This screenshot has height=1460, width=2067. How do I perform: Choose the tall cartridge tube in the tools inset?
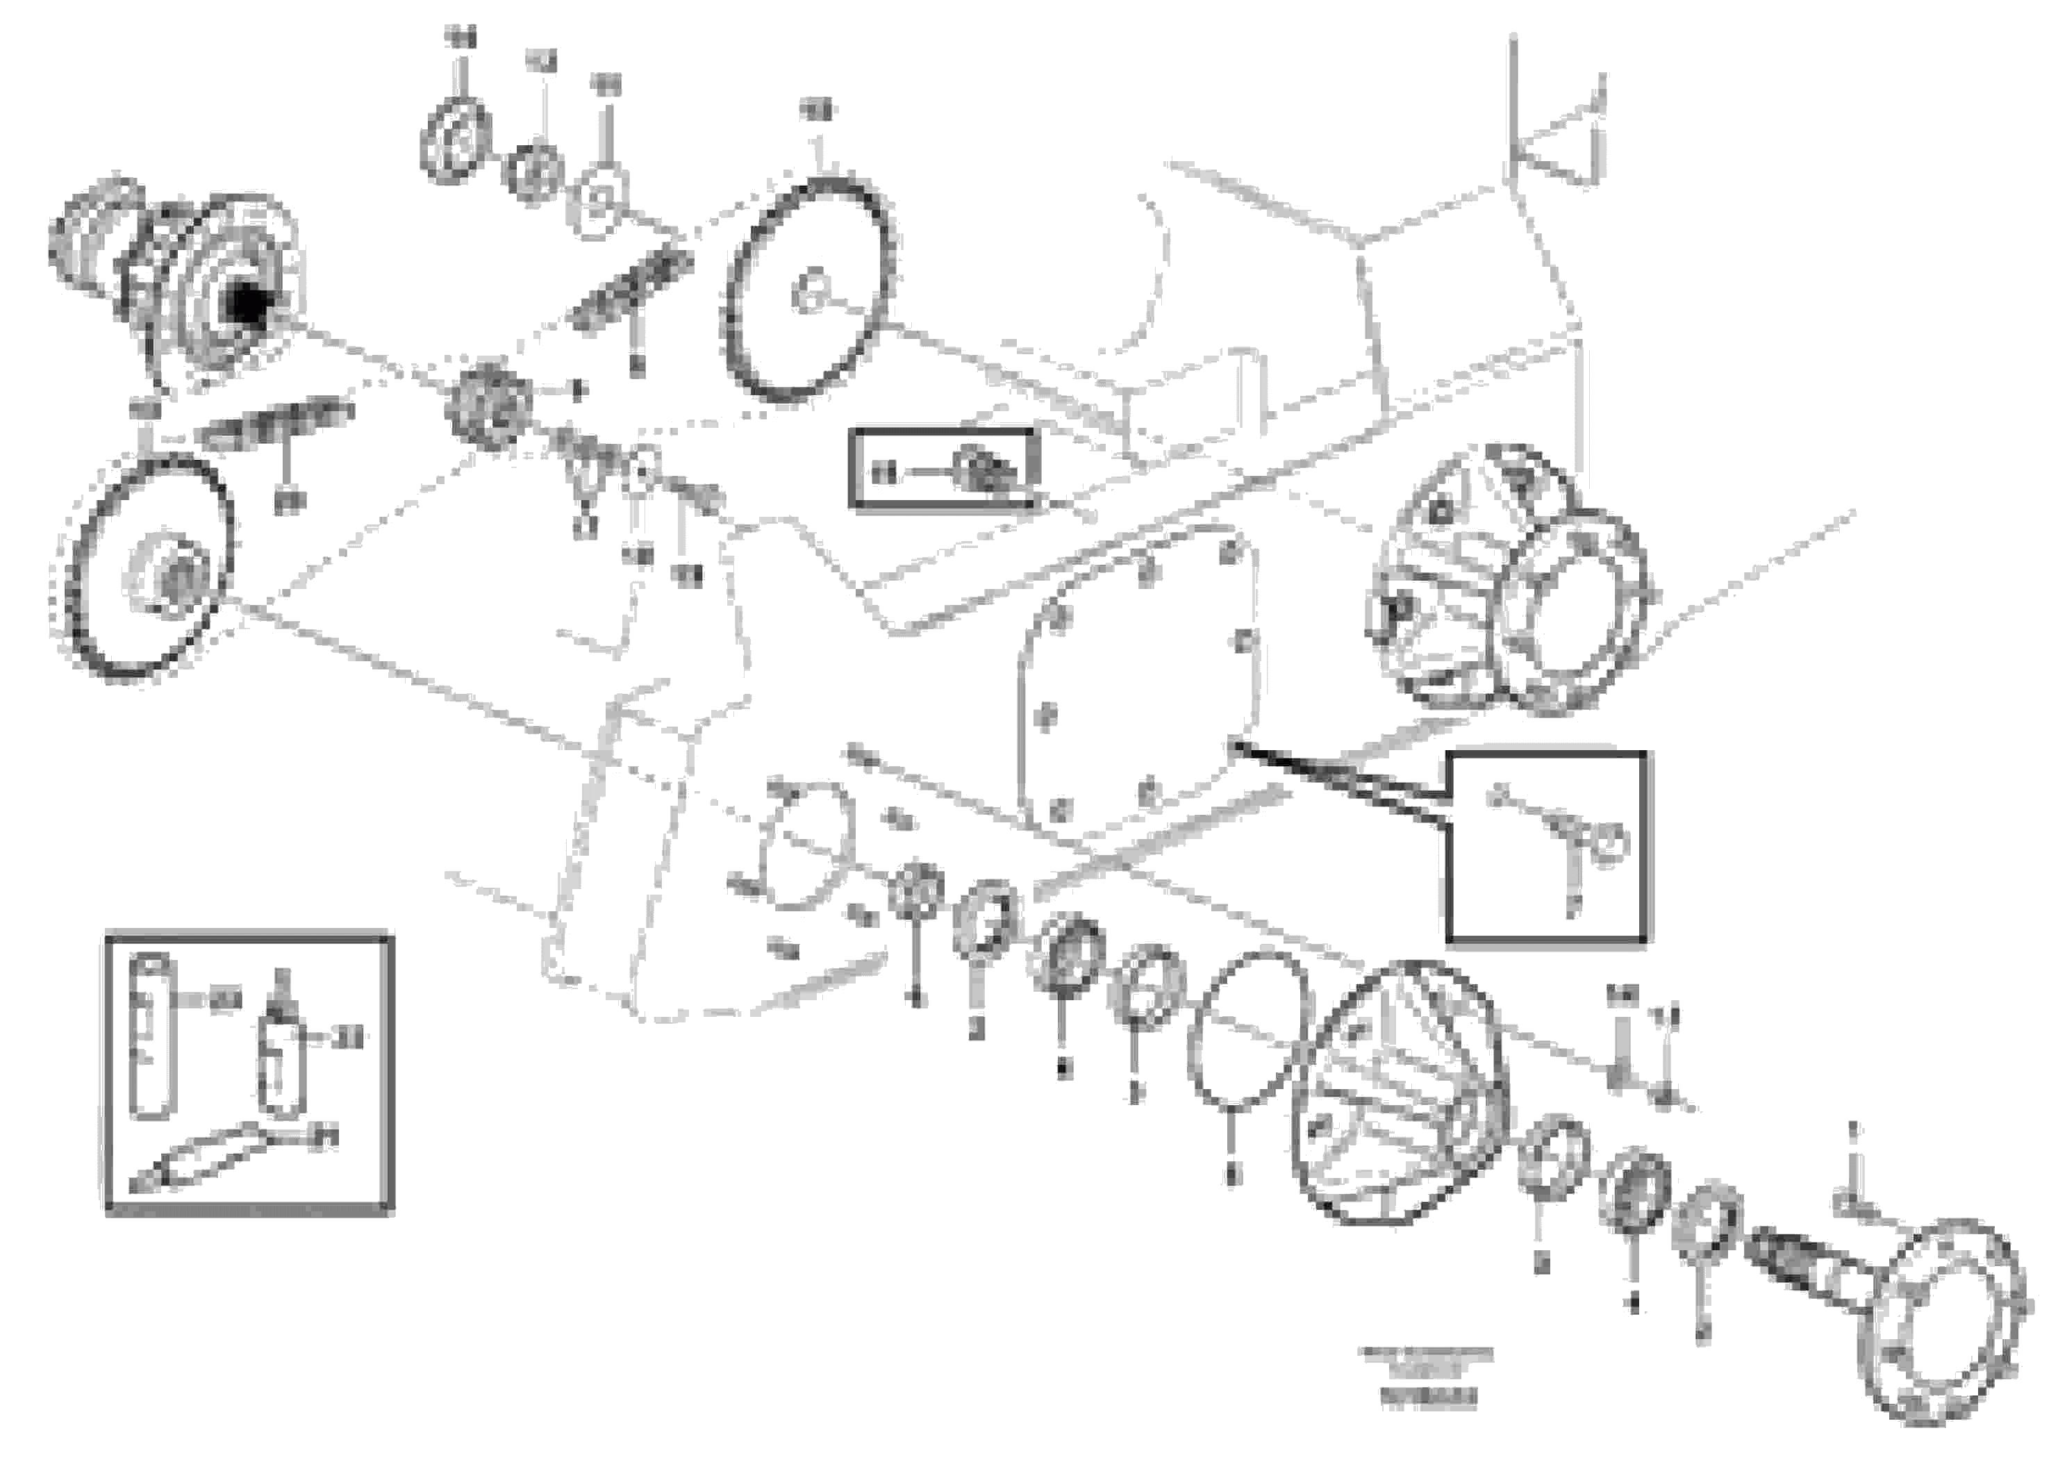click(x=149, y=1037)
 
